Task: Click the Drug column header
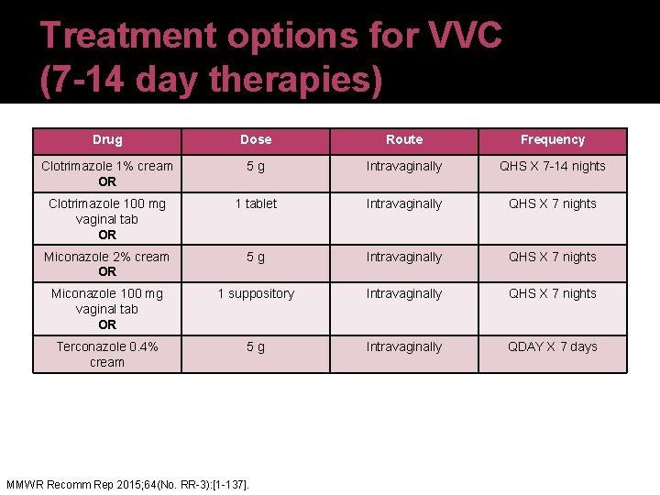(x=107, y=139)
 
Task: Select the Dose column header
(x=256, y=139)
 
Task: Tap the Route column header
(x=404, y=139)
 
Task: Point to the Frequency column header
(x=553, y=139)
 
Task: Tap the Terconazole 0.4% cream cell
(x=107, y=354)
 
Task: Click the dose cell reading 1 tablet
(x=256, y=203)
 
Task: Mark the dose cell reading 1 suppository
(x=256, y=293)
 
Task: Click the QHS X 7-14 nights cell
(x=553, y=166)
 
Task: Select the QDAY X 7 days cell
(x=553, y=346)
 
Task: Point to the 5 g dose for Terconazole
(x=256, y=346)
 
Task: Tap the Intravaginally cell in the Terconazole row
(x=404, y=346)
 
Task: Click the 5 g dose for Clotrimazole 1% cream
(x=256, y=166)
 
